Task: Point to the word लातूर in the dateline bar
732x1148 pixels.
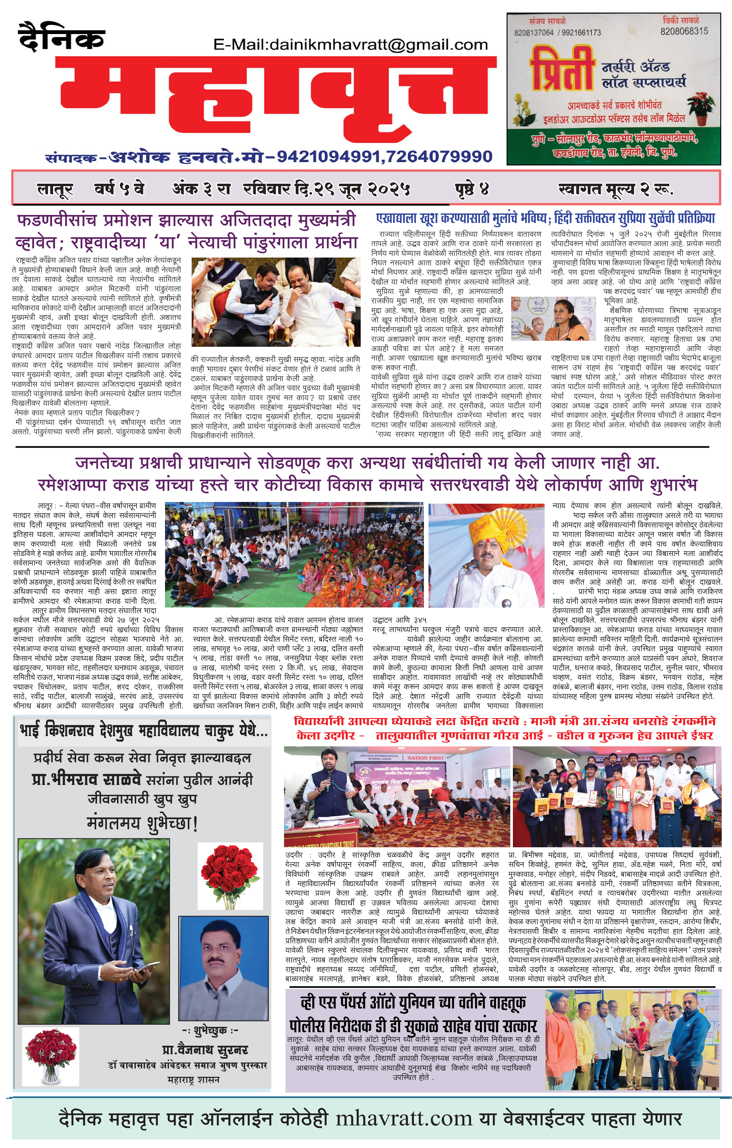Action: (x=55, y=190)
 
